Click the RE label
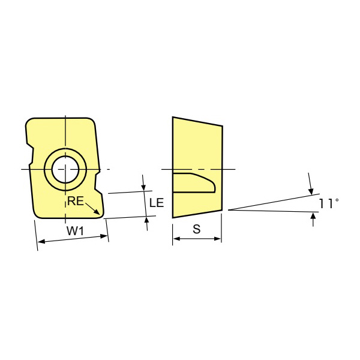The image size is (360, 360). click(x=74, y=202)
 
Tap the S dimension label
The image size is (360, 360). click(x=197, y=229)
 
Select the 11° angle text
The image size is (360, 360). click(x=329, y=204)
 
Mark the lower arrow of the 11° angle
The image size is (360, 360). click(x=313, y=217)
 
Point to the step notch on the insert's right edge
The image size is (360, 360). click(x=97, y=180)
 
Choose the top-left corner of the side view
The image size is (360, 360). click(x=173, y=117)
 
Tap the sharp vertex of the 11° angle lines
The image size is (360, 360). click(x=229, y=210)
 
